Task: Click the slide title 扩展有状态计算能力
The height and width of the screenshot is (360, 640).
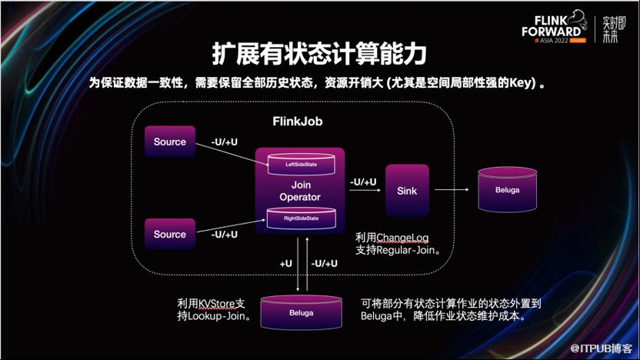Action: pyautogui.click(x=319, y=55)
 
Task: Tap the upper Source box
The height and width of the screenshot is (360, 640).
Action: pyautogui.click(x=170, y=142)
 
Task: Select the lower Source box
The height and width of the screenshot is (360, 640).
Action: pyautogui.click(x=170, y=235)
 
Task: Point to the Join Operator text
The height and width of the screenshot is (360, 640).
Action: pyautogui.click(x=300, y=191)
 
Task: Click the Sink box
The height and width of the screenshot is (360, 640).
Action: pyautogui.click(x=407, y=189)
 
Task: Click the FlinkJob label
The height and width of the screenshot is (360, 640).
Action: pyautogui.click(x=297, y=122)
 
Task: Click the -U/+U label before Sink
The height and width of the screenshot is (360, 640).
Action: pyautogui.click(x=363, y=182)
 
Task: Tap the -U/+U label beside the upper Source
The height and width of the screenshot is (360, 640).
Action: pyautogui.click(x=224, y=142)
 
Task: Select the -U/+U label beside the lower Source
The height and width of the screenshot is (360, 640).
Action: pyautogui.click(x=224, y=234)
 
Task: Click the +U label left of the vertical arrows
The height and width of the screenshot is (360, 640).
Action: pyautogui.click(x=285, y=263)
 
